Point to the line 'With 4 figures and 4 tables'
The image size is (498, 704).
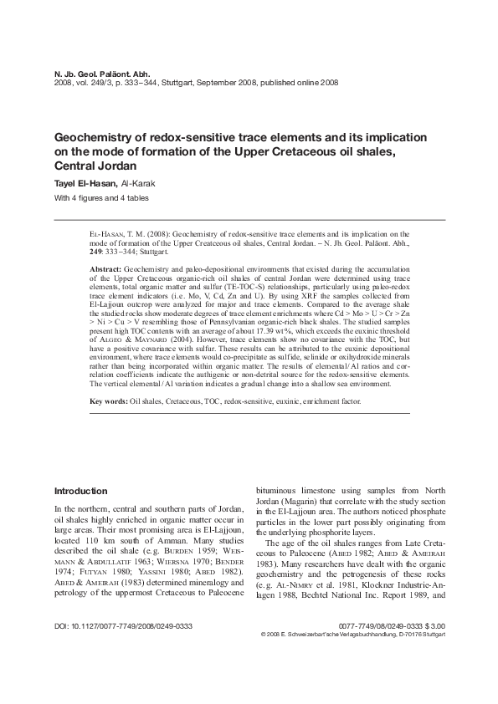[x=99, y=198]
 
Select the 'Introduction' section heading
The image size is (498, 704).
[x=80, y=491]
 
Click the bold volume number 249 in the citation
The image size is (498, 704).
[x=96, y=249]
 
